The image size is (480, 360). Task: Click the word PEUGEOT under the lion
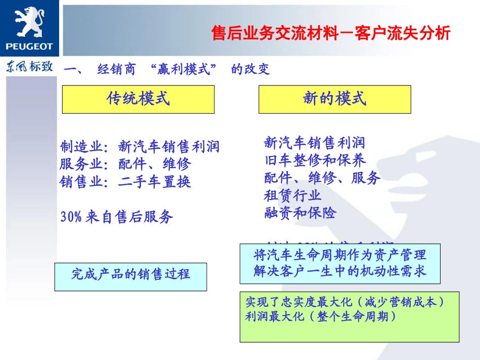click(29, 47)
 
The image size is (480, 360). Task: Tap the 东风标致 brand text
click(29, 67)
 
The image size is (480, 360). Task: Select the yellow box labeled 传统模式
click(138, 99)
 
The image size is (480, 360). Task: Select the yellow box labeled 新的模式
click(334, 99)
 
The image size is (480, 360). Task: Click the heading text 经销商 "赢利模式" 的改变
click(183, 69)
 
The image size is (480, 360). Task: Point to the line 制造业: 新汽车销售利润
click(140, 146)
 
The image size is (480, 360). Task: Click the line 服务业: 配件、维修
click(126, 164)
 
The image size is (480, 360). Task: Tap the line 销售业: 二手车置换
click(126, 181)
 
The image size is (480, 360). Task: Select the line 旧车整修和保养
click(315, 161)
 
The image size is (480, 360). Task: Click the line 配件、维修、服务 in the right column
click(322, 178)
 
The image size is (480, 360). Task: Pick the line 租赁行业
click(293, 195)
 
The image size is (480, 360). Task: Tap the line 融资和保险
click(300, 213)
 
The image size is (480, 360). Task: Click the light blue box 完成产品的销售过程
click(130, 274)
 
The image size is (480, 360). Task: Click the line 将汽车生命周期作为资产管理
click(340, 255)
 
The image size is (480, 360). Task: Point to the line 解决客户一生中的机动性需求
click(340, 271)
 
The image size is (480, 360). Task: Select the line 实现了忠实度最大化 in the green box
click(344, 302)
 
